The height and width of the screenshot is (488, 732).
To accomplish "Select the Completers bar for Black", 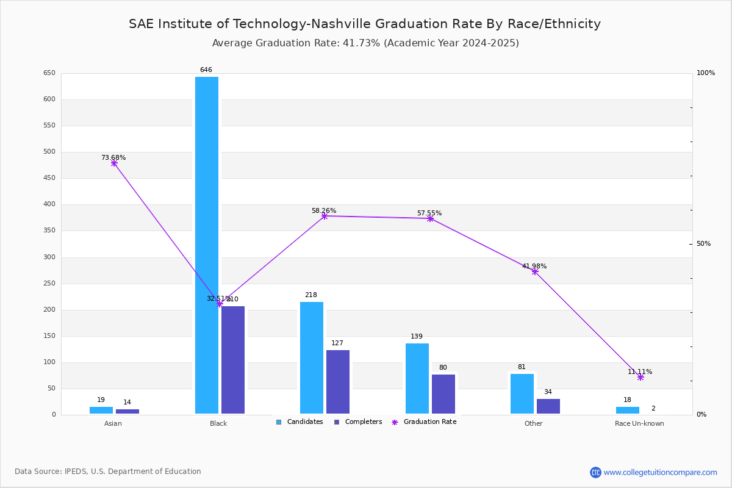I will (x=233, y=360).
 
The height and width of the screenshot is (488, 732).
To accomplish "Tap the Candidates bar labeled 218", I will (x=312, y=357).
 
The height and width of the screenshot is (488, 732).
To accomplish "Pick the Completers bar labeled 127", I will (x=338, y=382).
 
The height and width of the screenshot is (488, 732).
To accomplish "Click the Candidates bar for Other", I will (x=522, y=393).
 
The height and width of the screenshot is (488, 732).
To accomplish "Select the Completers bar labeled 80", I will (x=443, y=394).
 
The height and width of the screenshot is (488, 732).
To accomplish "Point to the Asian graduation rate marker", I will (x=114, y=163).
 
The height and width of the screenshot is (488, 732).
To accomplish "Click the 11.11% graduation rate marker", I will (x=640, y=377).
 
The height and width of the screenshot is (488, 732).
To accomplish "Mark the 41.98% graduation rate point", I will (x=535, y=271).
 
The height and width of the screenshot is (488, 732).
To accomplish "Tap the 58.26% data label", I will (x=324, y=210).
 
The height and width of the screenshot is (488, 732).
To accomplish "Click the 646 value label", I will (x=206, y=70).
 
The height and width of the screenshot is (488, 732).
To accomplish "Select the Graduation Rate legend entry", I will (x=429, y=422).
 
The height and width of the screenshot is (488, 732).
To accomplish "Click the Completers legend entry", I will (x=363, y=422).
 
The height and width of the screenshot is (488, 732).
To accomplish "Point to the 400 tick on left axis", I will (x=49, y=204).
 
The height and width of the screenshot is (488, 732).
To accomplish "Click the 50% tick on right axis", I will (x=703, y=244).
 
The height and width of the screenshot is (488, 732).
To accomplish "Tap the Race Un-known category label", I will (x=639, y=423).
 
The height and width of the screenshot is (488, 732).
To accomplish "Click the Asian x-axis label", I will (x=113, y=423).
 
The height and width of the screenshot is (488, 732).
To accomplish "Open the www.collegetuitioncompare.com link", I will (x=660, y=472).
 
